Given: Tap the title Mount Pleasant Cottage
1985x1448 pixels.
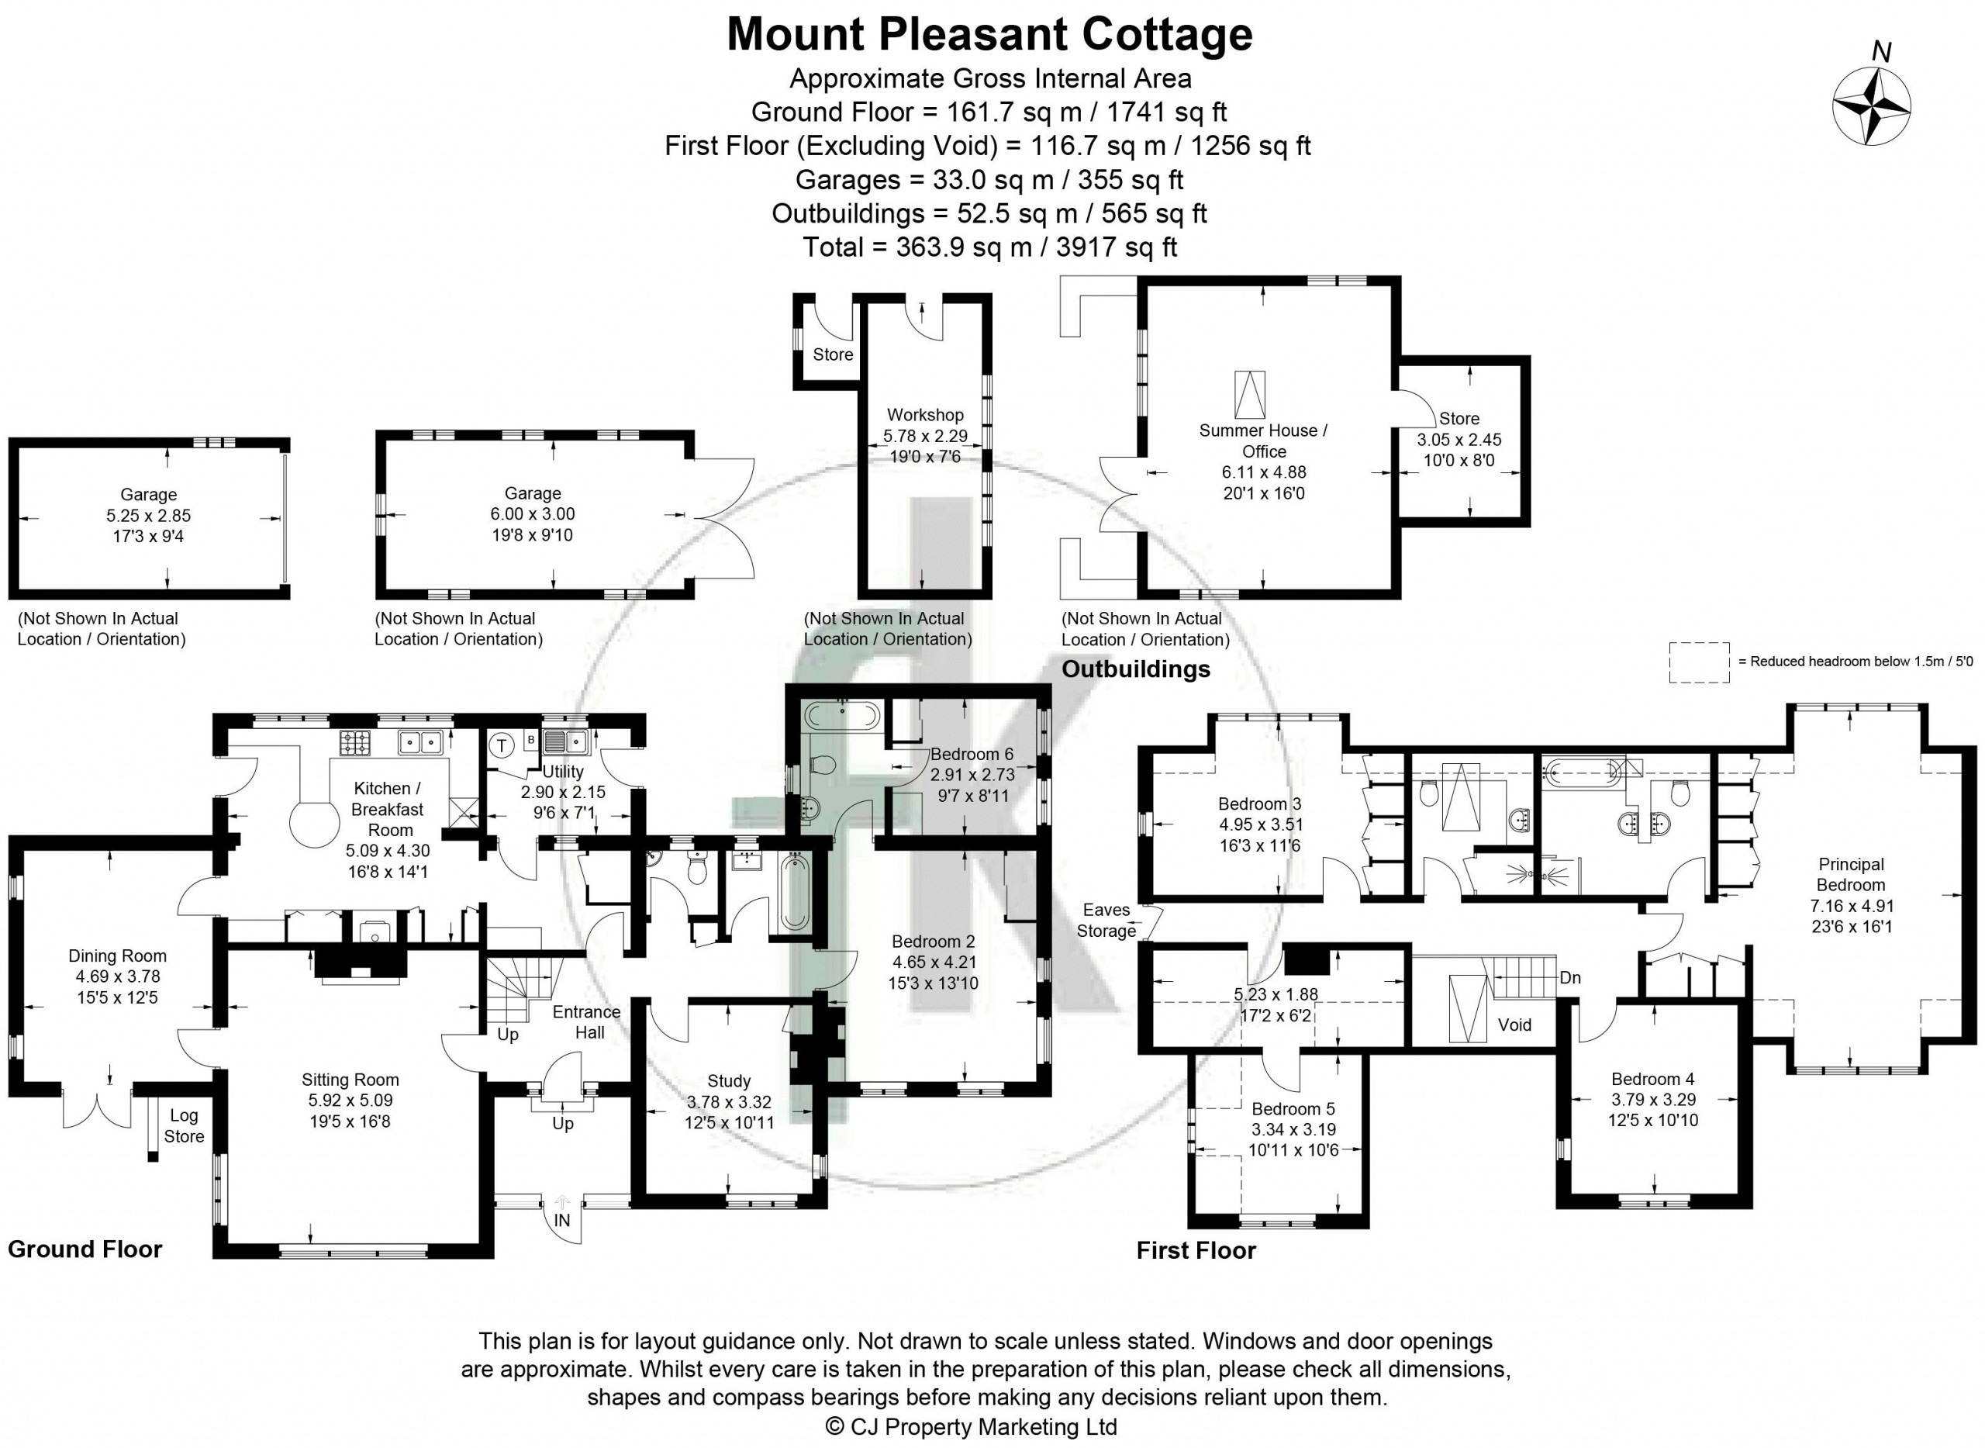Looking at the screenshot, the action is (x=989, y=35).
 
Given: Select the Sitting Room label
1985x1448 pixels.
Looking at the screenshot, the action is (x=350, y=1080).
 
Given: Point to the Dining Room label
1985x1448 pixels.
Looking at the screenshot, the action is (x=117, y=956).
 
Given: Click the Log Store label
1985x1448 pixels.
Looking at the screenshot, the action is (x=184, y=1125).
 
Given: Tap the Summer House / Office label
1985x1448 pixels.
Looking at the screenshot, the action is (x=1264, y=441).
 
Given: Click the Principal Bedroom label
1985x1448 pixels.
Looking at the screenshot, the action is (x=1850, y=874).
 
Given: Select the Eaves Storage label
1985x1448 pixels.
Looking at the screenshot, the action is (x=1106, y=921).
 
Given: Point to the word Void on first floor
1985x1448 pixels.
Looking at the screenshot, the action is (x=1514, y=1025).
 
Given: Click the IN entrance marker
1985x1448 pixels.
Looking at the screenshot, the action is (x=561, y=1220).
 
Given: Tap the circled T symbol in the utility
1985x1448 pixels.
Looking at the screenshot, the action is (x=501, y=746).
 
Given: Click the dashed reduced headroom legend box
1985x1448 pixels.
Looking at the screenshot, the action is (x=1698, y=662).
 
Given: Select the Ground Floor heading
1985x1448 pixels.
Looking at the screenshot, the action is (x=85, y=1249).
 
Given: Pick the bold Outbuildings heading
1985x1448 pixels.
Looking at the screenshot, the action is (x=1136, y=669).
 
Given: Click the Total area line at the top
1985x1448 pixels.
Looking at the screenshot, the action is (x=989, y=247).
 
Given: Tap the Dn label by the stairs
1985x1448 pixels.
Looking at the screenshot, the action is (x=1569, y=977).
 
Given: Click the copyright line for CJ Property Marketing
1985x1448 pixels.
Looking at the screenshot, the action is (x=971, y=1426).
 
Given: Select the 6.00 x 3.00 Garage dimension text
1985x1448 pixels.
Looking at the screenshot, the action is (x=532, y=513).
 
